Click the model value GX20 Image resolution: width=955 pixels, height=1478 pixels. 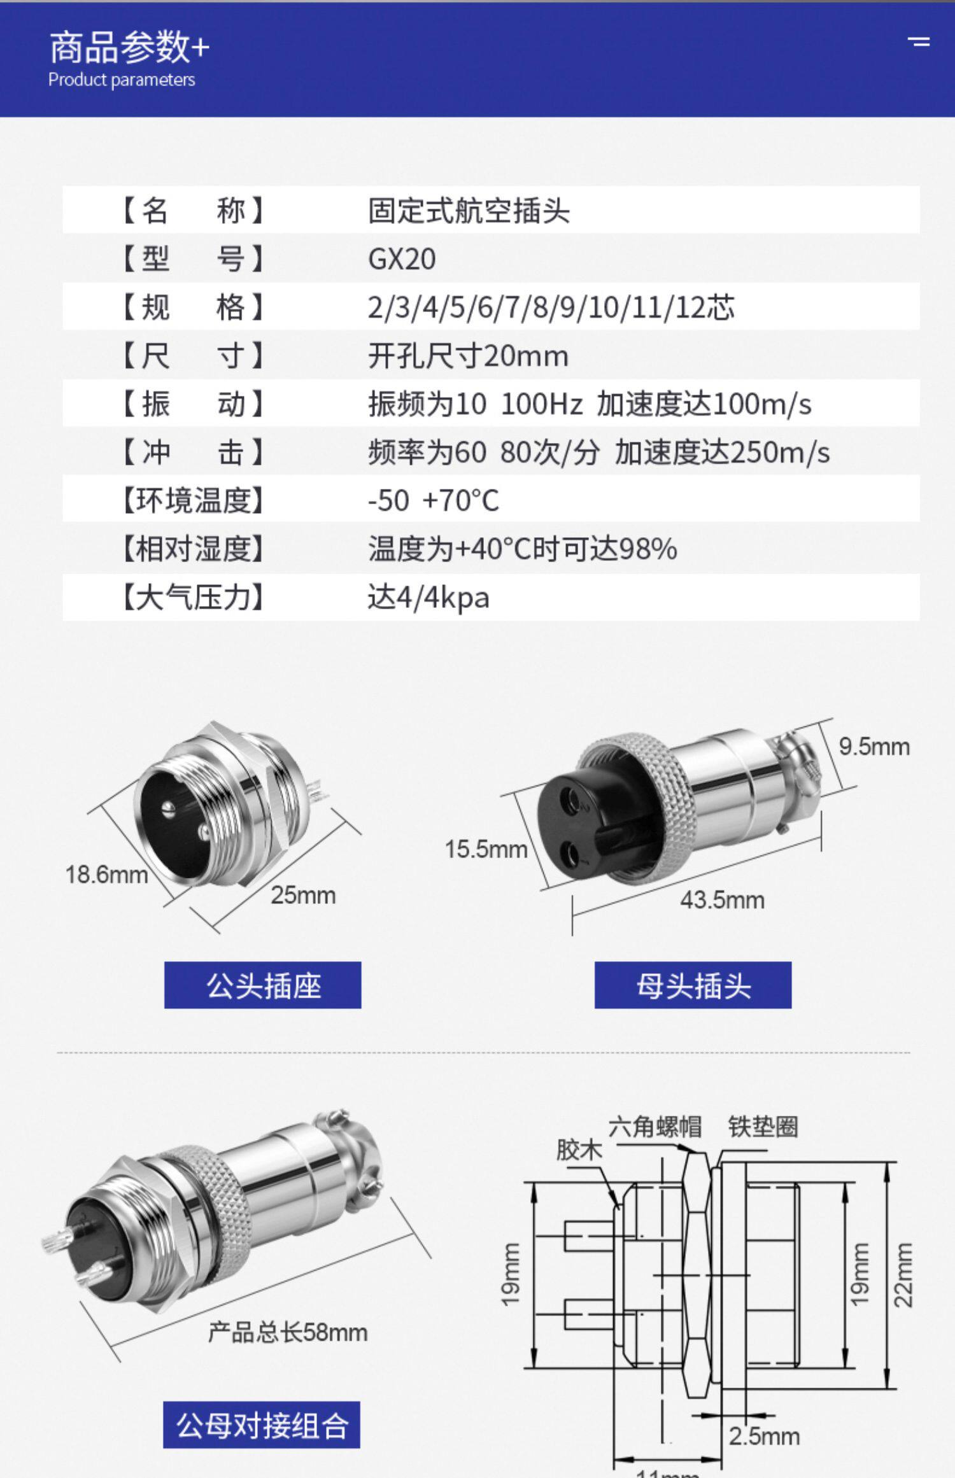click(402, 259)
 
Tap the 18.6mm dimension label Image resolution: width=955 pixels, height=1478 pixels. click(106, 875)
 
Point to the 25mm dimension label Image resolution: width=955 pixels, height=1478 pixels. click(303, 895)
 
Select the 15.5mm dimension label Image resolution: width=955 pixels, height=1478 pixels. click(486, 849)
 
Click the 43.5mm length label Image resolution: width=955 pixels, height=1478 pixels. click(722, 900)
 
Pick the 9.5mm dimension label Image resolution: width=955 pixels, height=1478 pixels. click(874, 747)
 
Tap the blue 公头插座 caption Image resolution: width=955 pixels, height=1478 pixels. click(263, 985)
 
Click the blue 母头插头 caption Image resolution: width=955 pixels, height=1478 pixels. click(693, 985)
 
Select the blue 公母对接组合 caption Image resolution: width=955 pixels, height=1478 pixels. click(262, 1425)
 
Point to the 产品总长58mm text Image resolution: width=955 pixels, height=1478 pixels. click(288, 1332)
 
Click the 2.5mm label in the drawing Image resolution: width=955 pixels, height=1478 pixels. click(764, 1437)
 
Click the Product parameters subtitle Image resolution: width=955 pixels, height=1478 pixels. click(122, 80)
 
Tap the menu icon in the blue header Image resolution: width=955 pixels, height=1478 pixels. click(919, 42)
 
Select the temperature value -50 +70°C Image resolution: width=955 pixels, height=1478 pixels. click(434, 500)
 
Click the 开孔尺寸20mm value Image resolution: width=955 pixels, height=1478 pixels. click(468, 356)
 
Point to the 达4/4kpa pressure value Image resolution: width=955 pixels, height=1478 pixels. click(428, 598)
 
